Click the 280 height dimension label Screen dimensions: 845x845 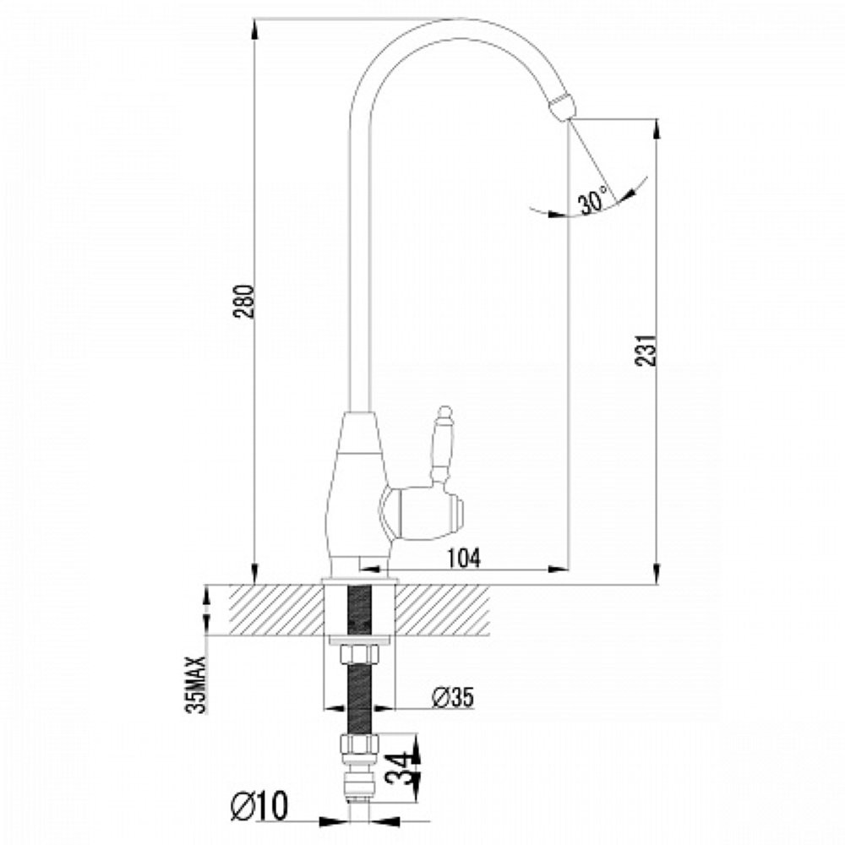click(x=245, y=301)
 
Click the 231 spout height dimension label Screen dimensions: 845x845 click(x=646, y=351)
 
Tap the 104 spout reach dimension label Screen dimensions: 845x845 click(x=463, y=558)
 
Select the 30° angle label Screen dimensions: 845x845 click(x=593, y=199)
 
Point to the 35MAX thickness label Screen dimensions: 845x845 click(x=196, y=684)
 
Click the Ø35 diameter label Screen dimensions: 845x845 click(x=453, y=697)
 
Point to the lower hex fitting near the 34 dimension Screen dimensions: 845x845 click(x=359, y=744)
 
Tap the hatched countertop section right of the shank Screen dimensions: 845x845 click(x=442, y=609)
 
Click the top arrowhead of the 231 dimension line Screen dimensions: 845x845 click(x=656, y=129)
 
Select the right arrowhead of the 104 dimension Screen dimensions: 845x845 click(x=559, y=568)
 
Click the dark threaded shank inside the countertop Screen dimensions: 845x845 click(x=359, y=609)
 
